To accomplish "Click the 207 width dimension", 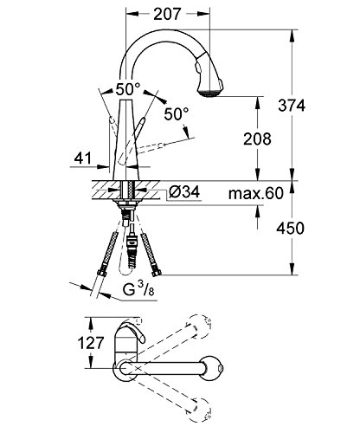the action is [x=167, y=14].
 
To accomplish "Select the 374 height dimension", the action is [x=292, y=106].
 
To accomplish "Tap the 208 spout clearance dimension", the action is [x=257, y=139].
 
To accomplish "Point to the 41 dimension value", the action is [x=83, y=158].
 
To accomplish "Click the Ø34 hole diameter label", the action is [x=184, y=191].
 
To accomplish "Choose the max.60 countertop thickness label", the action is [x=256, y=193].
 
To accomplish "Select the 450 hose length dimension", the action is [x=291, y=229].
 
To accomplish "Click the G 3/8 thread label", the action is [x=138, y=288].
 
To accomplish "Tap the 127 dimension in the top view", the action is [x=91, y=343].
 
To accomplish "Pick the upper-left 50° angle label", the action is [x=128, y=89].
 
